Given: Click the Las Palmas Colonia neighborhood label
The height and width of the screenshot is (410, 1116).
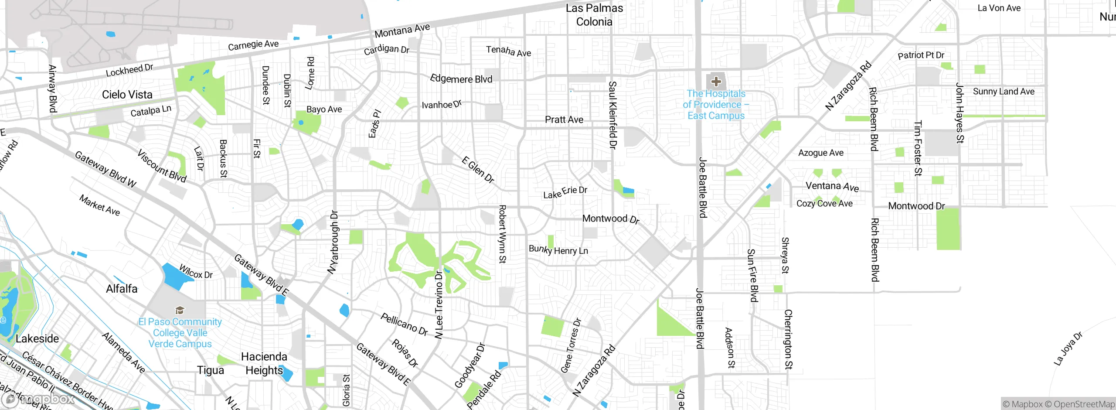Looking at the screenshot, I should [594, 15].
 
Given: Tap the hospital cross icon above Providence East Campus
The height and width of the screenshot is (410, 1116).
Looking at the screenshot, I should [716, 82].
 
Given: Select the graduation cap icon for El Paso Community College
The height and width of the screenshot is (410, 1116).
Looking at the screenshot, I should [180, 310].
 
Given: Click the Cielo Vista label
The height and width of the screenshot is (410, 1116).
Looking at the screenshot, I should [127, 95].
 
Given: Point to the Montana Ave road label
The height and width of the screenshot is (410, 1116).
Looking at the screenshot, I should [402, 31].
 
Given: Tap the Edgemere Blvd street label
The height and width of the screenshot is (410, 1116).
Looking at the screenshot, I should [461, 79].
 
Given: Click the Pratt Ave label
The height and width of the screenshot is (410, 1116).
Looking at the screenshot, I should [564, 120].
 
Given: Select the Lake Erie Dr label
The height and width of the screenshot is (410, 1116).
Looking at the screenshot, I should [565, 192].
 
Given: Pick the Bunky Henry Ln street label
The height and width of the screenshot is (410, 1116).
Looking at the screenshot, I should [558, 250].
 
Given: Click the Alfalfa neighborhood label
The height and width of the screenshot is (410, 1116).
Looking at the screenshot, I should [122, 289].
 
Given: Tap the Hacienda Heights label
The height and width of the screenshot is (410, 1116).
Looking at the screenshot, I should [264, 363].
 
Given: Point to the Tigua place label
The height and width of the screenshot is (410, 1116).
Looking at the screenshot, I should [210, 370].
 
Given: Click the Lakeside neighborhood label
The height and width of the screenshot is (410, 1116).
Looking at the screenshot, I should [37, 339].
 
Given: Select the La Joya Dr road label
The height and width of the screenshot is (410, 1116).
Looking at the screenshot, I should [1068, 348].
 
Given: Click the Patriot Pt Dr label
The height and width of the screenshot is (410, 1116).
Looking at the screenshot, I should [921, 55].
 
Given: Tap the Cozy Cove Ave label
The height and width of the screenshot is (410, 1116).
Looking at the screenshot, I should [824, 204].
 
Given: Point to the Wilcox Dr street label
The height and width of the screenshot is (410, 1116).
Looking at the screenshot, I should [196, 271].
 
